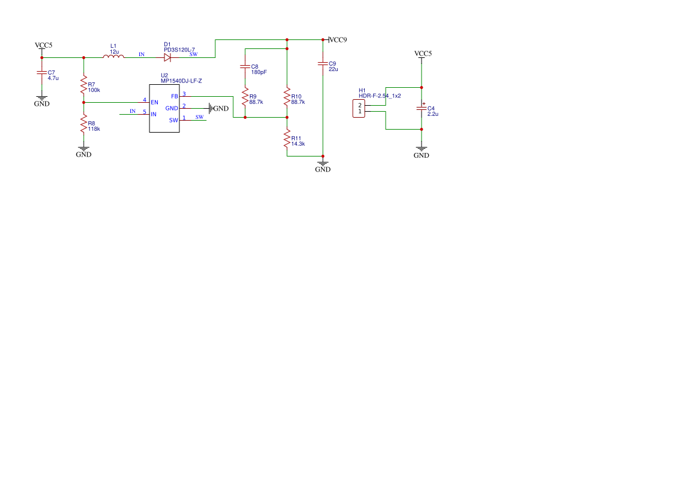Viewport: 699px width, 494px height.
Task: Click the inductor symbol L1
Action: pos(114,56)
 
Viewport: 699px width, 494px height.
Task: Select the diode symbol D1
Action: pos(167,57)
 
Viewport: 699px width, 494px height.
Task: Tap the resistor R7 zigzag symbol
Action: pos(83,85)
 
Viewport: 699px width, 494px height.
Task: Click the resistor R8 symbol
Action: pos(83,124)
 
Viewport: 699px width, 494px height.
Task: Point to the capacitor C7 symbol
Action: pos(42,73)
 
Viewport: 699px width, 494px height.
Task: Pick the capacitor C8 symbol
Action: pos(245,67)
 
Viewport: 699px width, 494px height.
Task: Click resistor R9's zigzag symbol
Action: pos(245,97)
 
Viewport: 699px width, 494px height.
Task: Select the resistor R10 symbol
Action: pos(287,97)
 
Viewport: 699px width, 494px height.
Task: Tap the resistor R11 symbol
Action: pos(287,139)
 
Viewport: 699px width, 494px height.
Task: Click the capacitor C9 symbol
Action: pos(323,64)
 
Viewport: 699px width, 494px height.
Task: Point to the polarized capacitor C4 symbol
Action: pos(422,108)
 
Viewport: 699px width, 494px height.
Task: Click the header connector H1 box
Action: pos(359,109)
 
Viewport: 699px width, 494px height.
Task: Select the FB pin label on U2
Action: pos(175,97)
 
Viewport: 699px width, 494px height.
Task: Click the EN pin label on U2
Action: pos(155,103)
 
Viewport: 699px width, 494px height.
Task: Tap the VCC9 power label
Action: pos(338,39)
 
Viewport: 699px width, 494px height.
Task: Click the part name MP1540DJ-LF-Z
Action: pos(181,81)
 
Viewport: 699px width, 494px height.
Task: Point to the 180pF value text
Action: pos(259,72)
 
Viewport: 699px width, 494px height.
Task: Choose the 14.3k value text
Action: pos(298,144)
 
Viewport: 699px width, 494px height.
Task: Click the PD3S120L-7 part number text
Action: pos(179,50)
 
